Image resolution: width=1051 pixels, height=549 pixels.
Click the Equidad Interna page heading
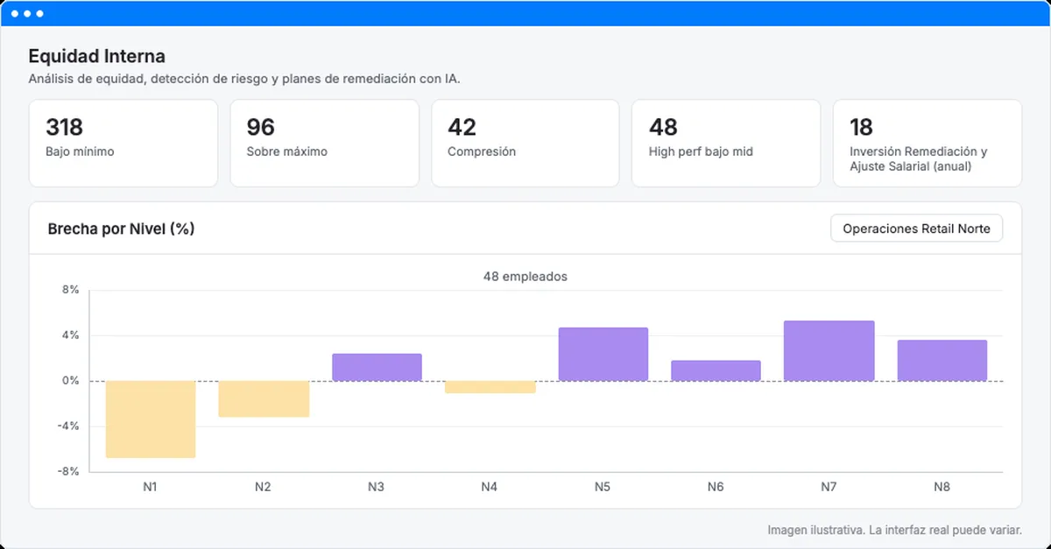(x=96, y=56)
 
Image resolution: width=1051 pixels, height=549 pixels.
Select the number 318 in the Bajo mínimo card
(x=64, y=127)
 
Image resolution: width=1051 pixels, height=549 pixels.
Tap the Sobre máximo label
(x=286, y=151)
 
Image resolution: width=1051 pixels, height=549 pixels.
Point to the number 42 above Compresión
(x=462, y=127)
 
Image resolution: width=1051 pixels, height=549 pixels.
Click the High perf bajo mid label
(x=701, y=151)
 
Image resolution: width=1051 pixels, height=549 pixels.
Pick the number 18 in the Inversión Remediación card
(x=861, y=127)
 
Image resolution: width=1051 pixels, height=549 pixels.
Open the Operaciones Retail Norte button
(x=916, y=229)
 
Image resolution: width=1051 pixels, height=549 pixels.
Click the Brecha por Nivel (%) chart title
(x=121, y=229)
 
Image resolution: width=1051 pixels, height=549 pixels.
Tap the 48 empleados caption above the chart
(x=525, y=277)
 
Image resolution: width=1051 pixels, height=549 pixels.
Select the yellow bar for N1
(x=151, y=419)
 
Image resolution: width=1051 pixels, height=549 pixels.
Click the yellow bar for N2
(x=264, y=399)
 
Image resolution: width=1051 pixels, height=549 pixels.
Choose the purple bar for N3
(x=377, y=368)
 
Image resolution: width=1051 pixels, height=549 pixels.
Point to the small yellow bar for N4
(x=490, y=387)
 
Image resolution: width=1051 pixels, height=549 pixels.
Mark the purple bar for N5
(x=603, y=355)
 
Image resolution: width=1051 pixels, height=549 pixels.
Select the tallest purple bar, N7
(x=829, y=351)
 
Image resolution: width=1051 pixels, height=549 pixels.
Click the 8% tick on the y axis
(x=70, y=290)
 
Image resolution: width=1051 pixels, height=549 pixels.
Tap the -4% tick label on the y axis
(x=68, y=426)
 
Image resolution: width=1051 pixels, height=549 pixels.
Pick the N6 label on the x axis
(x=716, y=487)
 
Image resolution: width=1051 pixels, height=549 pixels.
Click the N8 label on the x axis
(x=942, y=487)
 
